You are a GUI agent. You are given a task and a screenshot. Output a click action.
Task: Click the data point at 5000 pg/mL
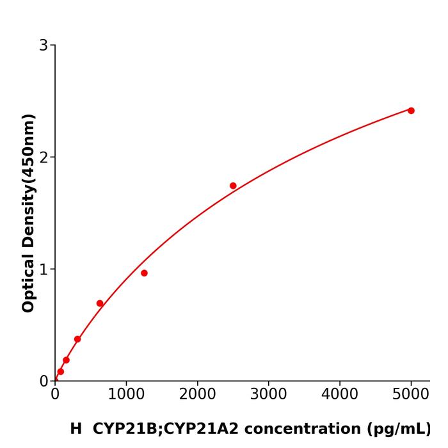click(411, 111)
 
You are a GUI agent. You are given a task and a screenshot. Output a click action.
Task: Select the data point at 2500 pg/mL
click(233, 186)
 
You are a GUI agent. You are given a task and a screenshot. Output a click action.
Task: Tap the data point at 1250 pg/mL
click(144, 273)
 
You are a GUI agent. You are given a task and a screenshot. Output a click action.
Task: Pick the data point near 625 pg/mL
click(100, 303)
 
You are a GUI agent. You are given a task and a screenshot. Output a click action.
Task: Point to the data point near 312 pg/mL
click(77, 339)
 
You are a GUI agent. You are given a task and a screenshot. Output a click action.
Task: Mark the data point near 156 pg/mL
click(66, 360)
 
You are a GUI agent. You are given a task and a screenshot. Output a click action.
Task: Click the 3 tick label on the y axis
click(44, 45)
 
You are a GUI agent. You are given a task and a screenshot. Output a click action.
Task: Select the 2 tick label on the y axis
click(44, 157)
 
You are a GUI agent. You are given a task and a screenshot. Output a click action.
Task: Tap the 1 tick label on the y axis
click(44, 269)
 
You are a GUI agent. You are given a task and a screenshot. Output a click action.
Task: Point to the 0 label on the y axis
click(44, 381)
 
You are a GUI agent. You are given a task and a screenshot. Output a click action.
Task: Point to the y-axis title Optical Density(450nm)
click(28, 212)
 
